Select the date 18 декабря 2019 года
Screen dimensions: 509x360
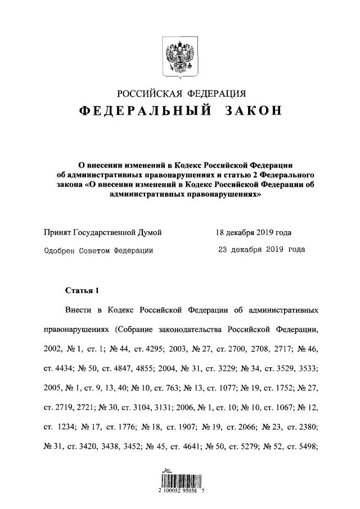pyautogui.click(x=254, y=232)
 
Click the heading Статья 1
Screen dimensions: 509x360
pyautogui.click(x=82, y=290)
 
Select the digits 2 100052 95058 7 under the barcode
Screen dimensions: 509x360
pyautogui.click(x=180, y=491)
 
